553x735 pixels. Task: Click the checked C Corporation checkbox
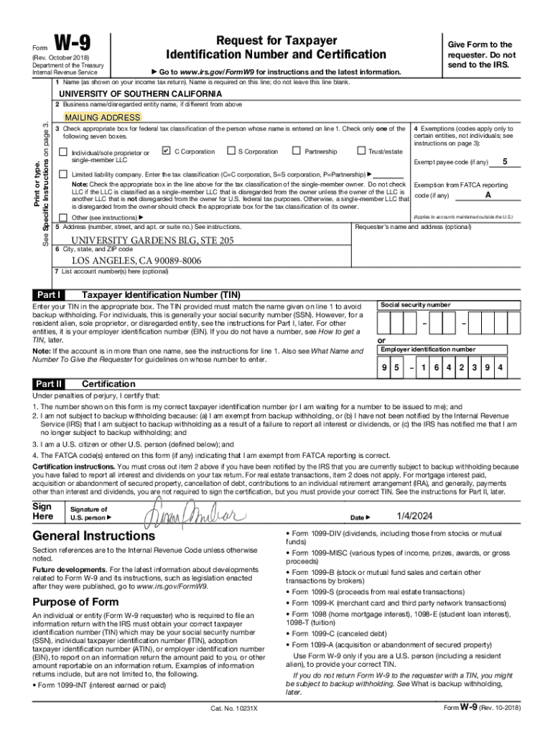pyautogui.click(x=167, y=151)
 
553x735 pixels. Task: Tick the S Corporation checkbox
pyautogui.click(x=231, y=151)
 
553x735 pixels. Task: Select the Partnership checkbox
pyautogui.click(x=296, y=151)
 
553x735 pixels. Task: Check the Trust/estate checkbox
pyautogui.click(x=361, y=151)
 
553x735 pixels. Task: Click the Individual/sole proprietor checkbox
pyautogui.click(x=63, y=152)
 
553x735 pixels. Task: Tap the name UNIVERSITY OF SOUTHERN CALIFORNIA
pyautogui.click(x=140, y=94)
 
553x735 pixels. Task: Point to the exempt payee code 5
pyautogui.click(x=506, y=161)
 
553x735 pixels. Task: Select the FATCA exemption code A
pyautogui.click(x=488, y=195)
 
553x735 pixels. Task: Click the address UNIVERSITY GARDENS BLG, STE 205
pyautogui.click(x=152, y=240)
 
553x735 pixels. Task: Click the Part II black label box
pyautogui.click(x=49, y=383)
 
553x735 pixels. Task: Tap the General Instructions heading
pyautogui.click(x=93, y=536)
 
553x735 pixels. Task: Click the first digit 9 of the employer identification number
pyautogui.click(x=385, y=368)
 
